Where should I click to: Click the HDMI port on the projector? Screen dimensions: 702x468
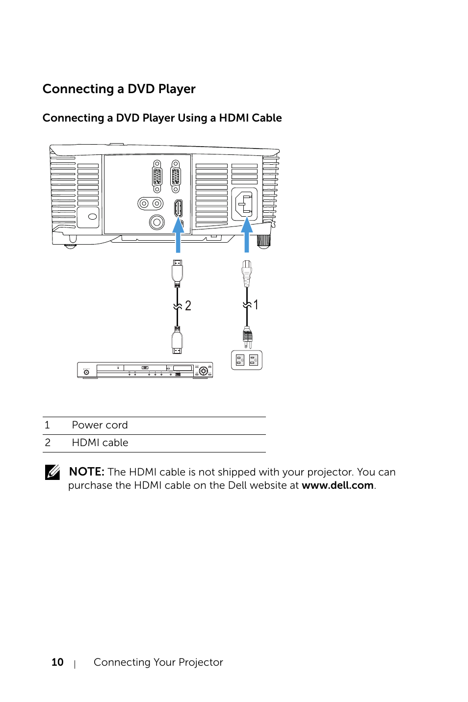[178, 208]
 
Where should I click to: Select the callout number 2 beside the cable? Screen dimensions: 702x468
[188, 306]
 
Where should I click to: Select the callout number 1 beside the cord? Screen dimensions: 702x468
[256, 305]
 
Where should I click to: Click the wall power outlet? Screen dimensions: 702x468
[247, 360]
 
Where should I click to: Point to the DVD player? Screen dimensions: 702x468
[145, 370]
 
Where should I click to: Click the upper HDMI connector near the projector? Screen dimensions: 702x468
[178, 272]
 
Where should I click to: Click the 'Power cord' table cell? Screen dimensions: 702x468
[100, 425]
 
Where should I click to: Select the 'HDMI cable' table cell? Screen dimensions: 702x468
[100, 443]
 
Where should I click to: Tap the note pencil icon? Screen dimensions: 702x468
[52, 472]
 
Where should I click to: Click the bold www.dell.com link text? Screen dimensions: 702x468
[338, 485]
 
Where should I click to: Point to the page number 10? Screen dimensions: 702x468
[57, 662]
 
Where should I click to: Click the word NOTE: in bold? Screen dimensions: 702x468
[86, 472]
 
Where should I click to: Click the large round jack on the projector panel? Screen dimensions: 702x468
[156, 223]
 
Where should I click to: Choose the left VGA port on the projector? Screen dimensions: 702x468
[157, 176]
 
